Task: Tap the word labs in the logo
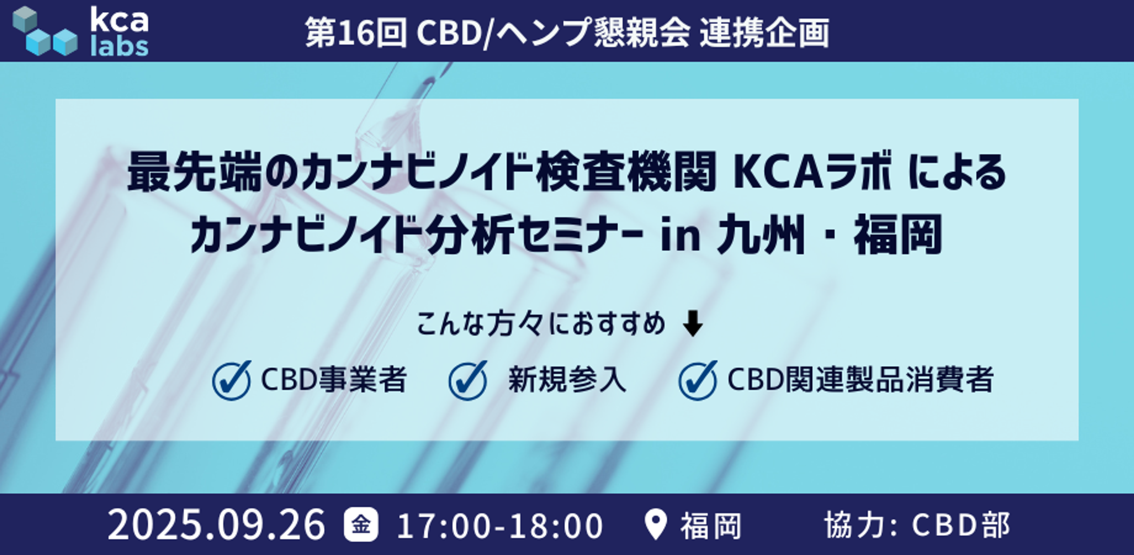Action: point(119,47)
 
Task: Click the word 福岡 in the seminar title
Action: point(898,235)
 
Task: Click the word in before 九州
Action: point(681,236)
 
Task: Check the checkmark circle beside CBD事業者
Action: point(232,380)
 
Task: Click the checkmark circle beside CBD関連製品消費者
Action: point(698,380)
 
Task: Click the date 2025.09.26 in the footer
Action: point(216,525)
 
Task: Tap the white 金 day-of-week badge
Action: point(361,525)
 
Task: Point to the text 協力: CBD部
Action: point(917,525)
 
